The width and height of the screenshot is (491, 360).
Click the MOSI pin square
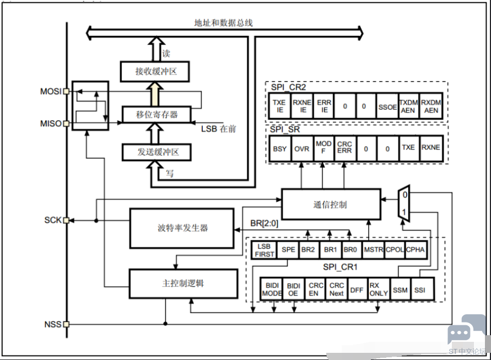66,92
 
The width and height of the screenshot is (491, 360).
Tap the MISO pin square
66,123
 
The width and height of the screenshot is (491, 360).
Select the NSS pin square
66,324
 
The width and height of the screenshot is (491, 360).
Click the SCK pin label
53,221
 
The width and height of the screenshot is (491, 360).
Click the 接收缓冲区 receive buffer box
155,72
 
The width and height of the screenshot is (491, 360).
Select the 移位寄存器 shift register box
157,114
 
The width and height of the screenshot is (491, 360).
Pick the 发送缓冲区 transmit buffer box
157,152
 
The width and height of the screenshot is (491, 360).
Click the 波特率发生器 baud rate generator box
182,228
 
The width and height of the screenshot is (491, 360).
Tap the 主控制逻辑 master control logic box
184,283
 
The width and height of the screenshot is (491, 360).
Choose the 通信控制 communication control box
331,205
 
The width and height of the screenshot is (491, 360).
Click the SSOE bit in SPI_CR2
387,107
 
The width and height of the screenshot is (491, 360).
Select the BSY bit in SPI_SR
280,149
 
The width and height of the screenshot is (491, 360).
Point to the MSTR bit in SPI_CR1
373,250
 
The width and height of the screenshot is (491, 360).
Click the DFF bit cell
357,290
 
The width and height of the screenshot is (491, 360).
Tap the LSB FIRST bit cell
265,250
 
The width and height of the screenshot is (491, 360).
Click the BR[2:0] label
264,223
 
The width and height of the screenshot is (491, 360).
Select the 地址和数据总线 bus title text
223,23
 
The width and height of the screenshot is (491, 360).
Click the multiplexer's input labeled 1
403,212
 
